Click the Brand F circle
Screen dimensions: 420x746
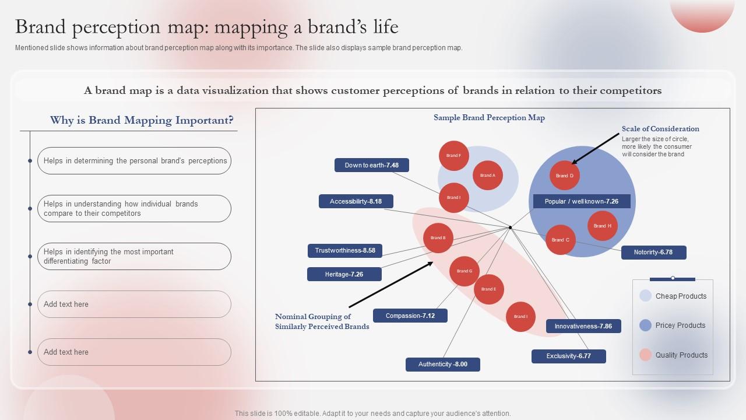(454, 156)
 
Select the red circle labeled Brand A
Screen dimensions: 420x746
(488, 175)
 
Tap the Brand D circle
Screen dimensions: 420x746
(564, 176)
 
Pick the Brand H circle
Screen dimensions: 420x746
(602, 226)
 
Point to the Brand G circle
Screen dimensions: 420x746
(465, 271)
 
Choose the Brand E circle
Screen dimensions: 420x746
(488, 289)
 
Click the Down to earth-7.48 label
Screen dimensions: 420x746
(372, 165)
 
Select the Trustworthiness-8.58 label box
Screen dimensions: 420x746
(345, 251)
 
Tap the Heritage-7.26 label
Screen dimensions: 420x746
(344, 274)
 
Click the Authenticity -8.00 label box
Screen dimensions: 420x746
(443, 365)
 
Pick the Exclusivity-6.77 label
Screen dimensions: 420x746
(569, 356)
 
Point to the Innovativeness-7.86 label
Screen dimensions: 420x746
(583, 326)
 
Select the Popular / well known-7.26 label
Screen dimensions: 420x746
(582, 201)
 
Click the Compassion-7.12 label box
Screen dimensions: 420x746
(410, 316)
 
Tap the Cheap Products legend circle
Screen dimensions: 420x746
(645, 296)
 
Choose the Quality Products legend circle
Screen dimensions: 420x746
(645, 355)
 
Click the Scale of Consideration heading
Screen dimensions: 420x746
(660, 129)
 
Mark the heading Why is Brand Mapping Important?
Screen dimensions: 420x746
(142, 120)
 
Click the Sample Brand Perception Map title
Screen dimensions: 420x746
(489, 118)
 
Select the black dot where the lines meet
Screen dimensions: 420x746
(510, 228)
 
